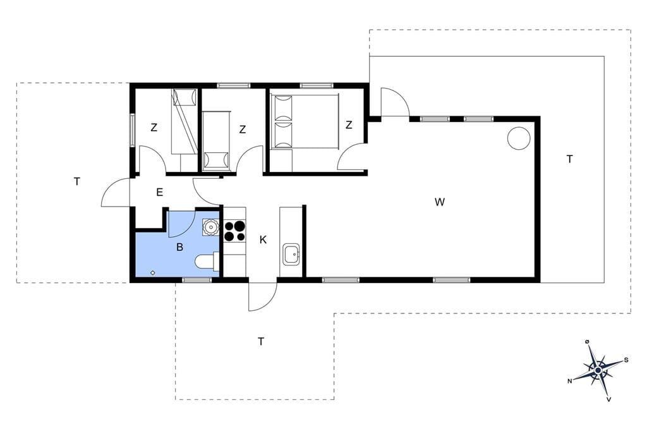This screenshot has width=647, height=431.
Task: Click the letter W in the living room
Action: [x=440, y=202]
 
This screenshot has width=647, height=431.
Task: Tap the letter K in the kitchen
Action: [x=263, y=240]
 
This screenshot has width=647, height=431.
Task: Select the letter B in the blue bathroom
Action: [x=179, y=247]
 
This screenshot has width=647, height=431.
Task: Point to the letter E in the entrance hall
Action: [x=160, y=192]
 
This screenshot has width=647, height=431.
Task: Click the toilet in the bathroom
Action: [x=207, y=261]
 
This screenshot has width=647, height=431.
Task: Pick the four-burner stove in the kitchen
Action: [x=234, y=231]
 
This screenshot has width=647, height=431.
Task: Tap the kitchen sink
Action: [x=291, y=254]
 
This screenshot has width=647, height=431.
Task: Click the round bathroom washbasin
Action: [x=210, y=227]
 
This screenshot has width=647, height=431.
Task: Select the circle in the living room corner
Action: [x=518, y=138]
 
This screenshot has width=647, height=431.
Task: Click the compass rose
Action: [x=598, y=370]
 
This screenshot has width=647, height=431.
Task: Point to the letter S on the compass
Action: [x=626, y=360]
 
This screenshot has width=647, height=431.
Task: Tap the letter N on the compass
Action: [x=570, y=381]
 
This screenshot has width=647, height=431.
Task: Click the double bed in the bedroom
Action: [x=305, y=121]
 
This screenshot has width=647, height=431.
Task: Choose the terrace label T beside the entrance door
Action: [x=76, y=181]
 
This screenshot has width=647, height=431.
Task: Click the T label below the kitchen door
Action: [x=261, y=341]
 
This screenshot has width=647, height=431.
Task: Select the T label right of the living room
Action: [x=570, y=159]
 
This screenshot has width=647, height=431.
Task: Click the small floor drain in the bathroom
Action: [x=153, y=272]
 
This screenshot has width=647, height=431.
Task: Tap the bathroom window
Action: [x=197, y=281]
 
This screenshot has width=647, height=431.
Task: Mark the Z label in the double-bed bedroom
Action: [x=349, y=124]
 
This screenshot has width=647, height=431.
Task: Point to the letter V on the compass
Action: [x=609, y=399]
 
